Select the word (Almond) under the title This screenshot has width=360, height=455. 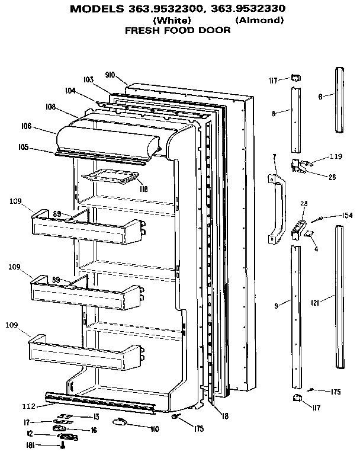[x=259, y=20]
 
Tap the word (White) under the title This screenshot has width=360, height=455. [x=171, y=20]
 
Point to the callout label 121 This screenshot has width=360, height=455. [x=316, y=303]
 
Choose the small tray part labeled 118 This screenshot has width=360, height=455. [x=112, y=176]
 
